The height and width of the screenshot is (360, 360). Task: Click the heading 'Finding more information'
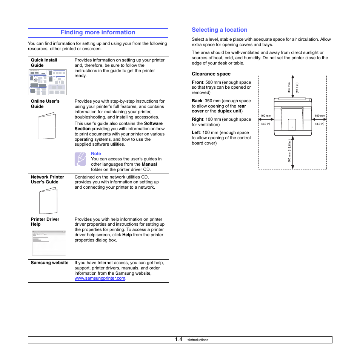click(x=98, y=32)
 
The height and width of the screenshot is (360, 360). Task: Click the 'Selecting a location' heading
click(x=219, y=30)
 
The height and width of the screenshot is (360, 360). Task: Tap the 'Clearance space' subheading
click(x=211, y=74)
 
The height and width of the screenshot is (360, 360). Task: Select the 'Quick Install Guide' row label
click(x=44, y=63)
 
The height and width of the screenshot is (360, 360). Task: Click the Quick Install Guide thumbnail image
click(x=48, y=82)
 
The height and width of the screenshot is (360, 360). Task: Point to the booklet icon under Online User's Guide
click(x=47, y=126)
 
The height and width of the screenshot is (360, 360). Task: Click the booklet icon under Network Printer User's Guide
click(x=48, y=200)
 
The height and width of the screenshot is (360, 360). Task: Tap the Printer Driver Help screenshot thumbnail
click(x=49, y=243)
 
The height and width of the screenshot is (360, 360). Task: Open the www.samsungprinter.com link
click(x=100, y=278)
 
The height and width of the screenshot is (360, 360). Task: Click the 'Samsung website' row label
click(x=49, y=263)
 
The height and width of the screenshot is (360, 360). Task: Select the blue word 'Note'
click(x=96, y=154)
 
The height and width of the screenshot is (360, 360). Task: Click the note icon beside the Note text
click(x=80, y=159)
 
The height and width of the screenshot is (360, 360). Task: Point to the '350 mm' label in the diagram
click(x=289, y=88)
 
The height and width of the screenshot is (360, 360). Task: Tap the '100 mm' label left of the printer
click(x=266, y=116)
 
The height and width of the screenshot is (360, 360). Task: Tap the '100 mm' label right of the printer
click(x=320, y=116)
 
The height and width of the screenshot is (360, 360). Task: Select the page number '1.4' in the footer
click(x=178, y=340)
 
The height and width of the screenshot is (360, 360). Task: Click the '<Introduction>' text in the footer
click(x=198, y=340)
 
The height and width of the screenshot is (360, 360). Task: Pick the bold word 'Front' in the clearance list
click(x=197, y=82)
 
